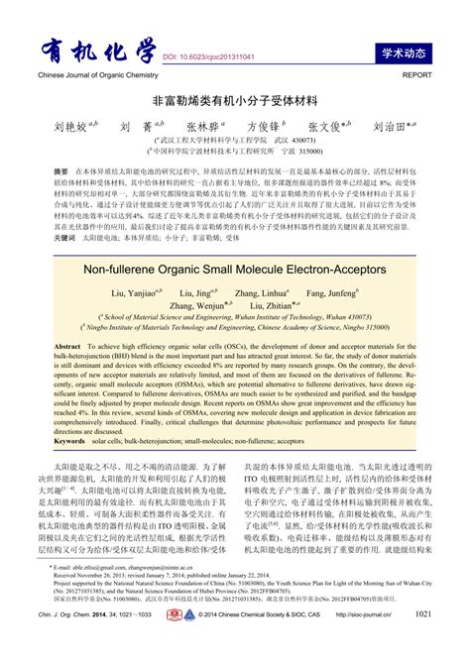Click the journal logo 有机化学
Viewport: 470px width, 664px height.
94,54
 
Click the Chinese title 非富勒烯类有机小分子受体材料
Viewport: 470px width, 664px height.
234,101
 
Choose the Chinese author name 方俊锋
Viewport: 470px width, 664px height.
261,127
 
